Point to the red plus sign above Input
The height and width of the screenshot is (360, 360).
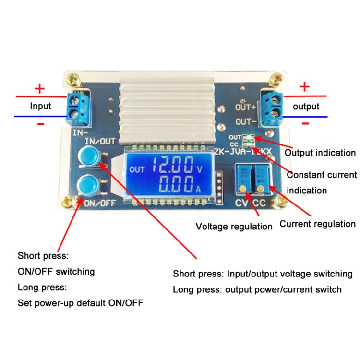click(x=40, y=88)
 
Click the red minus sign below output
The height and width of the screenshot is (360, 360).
click(x=305, y=123)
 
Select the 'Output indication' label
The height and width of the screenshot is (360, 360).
click(x=320, y=153)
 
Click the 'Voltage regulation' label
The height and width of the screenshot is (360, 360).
click(x=234, y=226)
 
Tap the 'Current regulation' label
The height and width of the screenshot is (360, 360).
click(x=317, y=224)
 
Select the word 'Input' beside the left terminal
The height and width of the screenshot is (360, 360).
click(x=40, y=106)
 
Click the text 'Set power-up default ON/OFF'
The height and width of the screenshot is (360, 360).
click(x=80, y=303)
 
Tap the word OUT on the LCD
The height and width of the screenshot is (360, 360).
click(x=137, y=169)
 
